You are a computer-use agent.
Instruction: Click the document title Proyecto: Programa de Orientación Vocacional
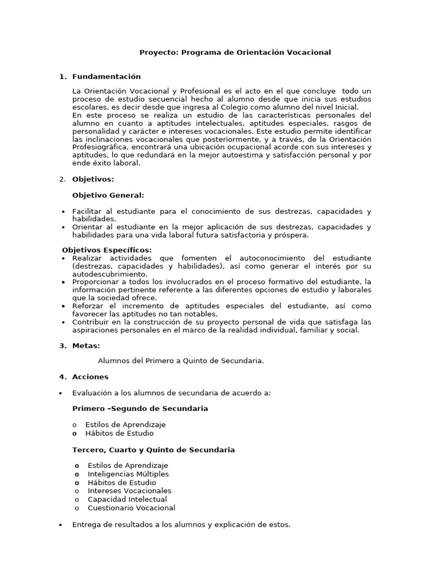click(x=235, y=52)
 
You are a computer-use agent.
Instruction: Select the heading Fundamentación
click(x=106, y=77)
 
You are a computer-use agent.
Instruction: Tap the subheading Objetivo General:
click(x=108, y=195)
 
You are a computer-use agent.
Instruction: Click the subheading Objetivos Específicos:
click(x=106, y=250)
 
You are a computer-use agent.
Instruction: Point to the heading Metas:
click(x=86, y=346)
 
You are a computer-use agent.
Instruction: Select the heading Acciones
click(x=90, y=377)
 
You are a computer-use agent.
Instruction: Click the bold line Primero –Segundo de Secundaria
click(x=140, y=409)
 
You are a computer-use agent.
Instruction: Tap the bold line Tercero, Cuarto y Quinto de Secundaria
click(x=153, y=450)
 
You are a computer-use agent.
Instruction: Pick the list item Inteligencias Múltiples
click(x=128, y=474)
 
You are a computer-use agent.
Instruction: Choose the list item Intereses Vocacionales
click(x=129, y=491)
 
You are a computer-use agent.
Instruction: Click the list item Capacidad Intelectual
click(x=127, y=500)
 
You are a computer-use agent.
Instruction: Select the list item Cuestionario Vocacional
click(x=131, y=508)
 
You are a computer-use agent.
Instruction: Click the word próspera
click(x=290, y=235)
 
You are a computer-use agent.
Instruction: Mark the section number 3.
click(x=62, y=346)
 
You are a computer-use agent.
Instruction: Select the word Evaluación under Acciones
click(x=92, y=393)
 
